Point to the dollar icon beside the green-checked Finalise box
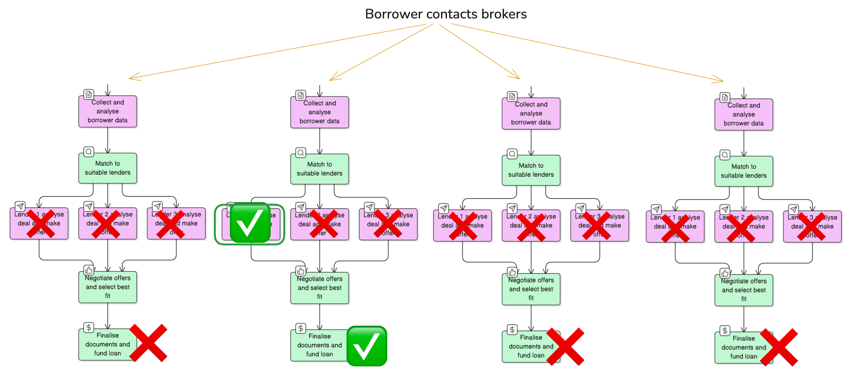tap(301, 328)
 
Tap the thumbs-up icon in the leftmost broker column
tap(88, 270)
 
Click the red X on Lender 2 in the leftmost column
tap(106, 224)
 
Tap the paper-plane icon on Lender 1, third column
tap(444, 208)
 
